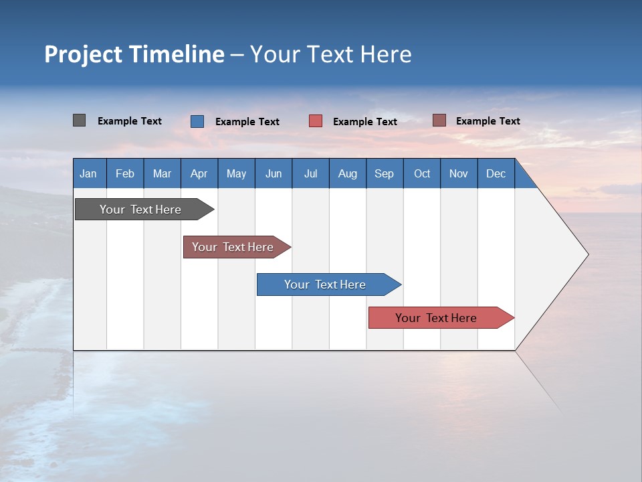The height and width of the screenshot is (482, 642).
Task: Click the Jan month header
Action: pyautogui.click(x=89, y=173)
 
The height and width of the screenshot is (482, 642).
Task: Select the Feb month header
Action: pyautogui.click(x=125, y=173)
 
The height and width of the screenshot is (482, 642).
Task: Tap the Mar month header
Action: pyautogui.click(x=162, y=173)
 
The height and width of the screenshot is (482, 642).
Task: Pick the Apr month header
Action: pyautogui.click(x=199, y=173)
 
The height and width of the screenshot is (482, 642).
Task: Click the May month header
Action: pyautogui.click(x=236, y=173)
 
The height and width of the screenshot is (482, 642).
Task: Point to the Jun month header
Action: pyautogui.click(x=274, y=173)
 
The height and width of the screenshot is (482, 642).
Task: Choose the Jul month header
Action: pyautogui.click(x=310, y=173)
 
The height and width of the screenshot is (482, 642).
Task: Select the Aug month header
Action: pyautogui.click(x=348, y=173)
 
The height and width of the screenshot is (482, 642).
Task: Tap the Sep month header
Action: pyautogui.click(x=385, y=173)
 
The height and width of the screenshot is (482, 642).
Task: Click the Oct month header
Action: pyautogui.click(x=422, y=173)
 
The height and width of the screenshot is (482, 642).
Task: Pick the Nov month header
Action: pyautogui.click(x=459, y=173)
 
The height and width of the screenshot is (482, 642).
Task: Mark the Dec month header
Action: pyautogui.click(x=496, y=173)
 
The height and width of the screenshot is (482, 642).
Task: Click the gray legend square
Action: pyautogui.click(x=79, y=120)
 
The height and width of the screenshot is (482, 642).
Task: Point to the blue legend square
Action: pyautogui.click(x=197, y=121)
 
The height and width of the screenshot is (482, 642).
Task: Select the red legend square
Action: pyautogui.click(x=316, y=121)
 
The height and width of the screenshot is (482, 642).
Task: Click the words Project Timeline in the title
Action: pyautogui.click(x=134, y=54)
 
